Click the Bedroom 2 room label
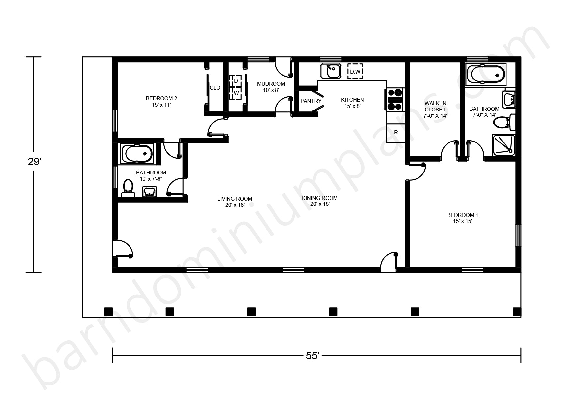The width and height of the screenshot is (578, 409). click(161, 102)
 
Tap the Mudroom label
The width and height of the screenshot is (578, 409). click(271, 87)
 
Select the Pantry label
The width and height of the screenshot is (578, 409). click(311, 101)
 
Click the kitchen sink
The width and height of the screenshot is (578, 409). click(331, 71)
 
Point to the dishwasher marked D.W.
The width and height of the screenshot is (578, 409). click(355, 71)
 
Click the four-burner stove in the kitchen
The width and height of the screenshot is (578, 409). click(395, 100)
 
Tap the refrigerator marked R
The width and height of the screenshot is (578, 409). click(396, 133)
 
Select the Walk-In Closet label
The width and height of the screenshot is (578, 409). click(435, 110)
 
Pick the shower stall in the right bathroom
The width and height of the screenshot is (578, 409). click(504, 145)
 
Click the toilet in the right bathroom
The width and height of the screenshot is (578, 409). click(504, 122)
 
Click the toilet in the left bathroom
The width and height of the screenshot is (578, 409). click(128, 188)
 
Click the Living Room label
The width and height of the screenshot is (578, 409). click(235, 202)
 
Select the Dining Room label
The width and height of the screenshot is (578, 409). click(320, 201)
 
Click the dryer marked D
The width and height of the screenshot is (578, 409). click(236, 81)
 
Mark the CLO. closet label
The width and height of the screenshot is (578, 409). click(216, 88)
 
